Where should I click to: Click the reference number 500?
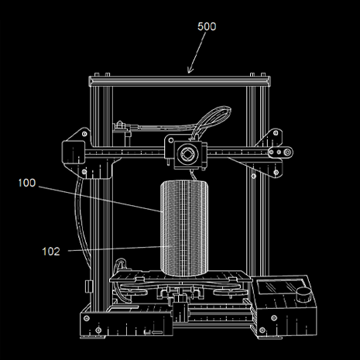coord(207,26)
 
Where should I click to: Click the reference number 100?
coord(27,183)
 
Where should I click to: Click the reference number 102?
coord(51,252)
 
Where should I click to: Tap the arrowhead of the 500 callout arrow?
coord(190,70)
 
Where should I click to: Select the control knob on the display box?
coord(304,295)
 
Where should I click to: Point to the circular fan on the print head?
coord(187,154)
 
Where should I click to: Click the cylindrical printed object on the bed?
coord(184,228)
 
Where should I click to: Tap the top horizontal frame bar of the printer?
coord(180,81)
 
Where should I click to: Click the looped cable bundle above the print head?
coord(211,122)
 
